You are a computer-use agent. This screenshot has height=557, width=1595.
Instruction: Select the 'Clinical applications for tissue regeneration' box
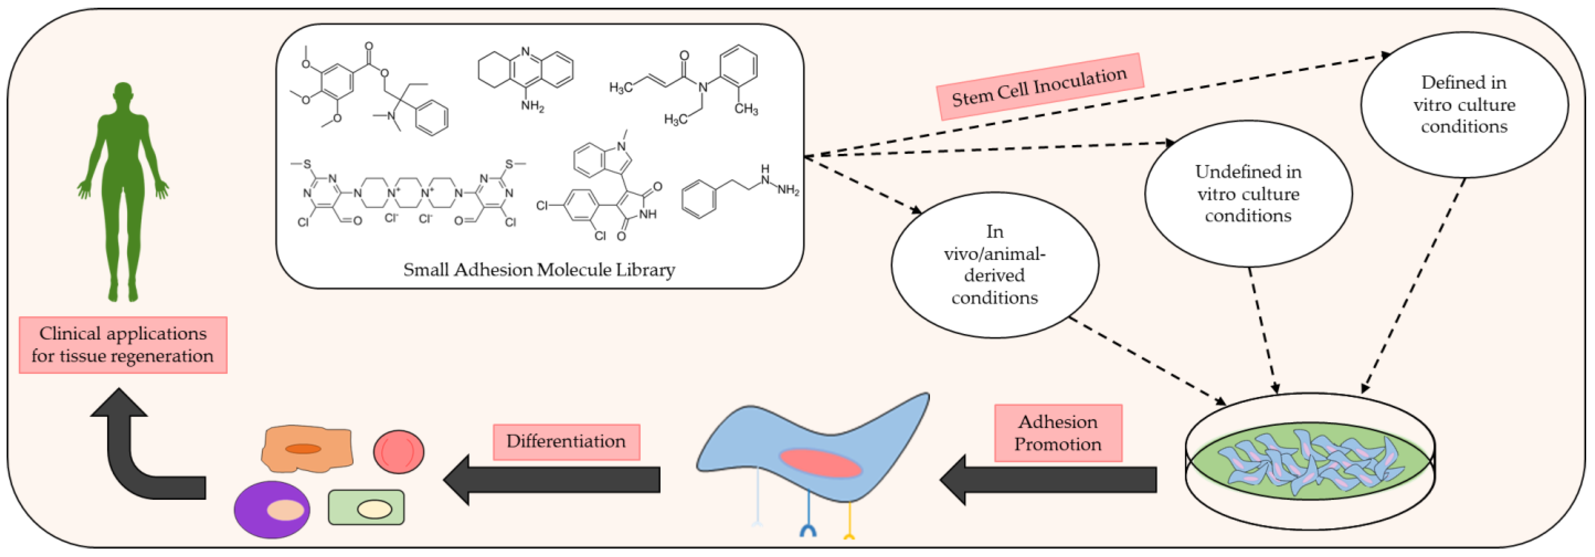pyautogui.click(x=123, y=345)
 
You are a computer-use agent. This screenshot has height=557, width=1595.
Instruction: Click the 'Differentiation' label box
pyautogui.click(x=566, y=441)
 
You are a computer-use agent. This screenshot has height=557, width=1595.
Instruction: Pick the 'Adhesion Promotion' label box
pyautogui.click(x=1058, y=433)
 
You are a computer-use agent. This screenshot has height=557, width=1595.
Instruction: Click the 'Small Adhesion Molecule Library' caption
pyautogui.click(x=539, y=270)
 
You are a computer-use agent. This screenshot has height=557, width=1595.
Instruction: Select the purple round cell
pyautogui.click(x=272, y=509)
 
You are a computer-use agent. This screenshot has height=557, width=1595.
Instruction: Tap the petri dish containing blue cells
pyautogui.click(x=1309, y=461)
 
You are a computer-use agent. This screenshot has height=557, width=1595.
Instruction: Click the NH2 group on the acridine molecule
pyautogui.click(x=532, y=106)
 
